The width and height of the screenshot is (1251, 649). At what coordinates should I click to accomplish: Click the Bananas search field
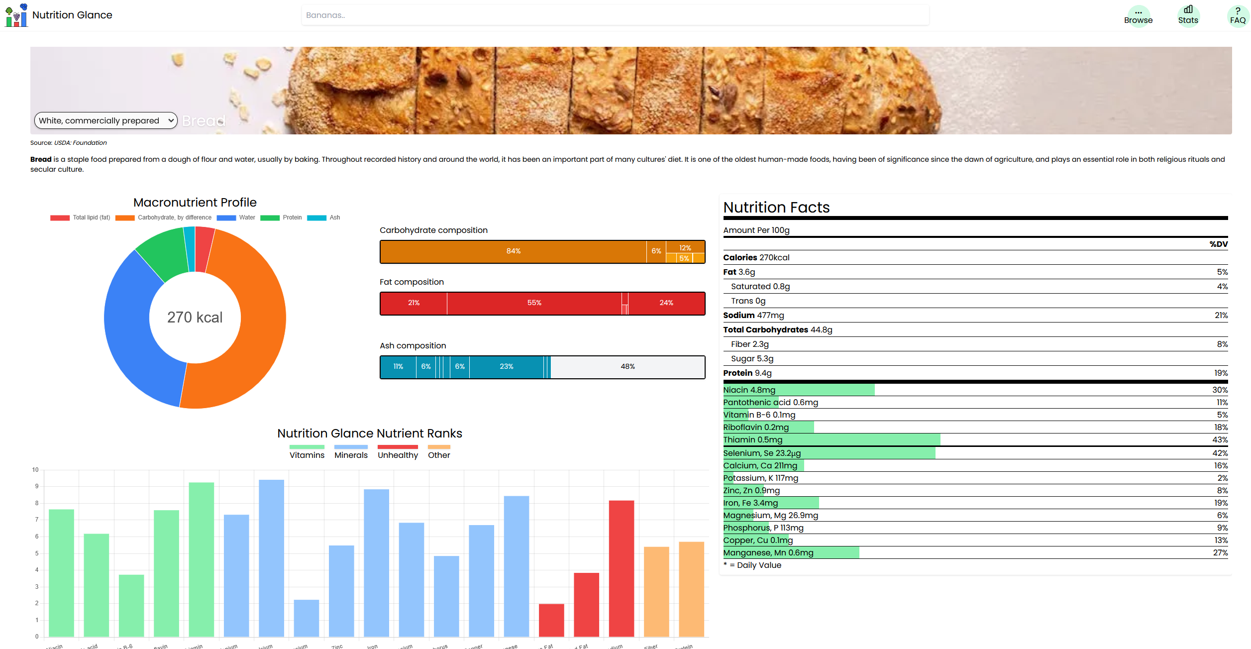[615, 15]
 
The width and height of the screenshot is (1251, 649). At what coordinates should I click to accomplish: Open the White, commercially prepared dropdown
[105, 120]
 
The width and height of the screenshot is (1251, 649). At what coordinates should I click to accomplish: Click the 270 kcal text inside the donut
[195, 317]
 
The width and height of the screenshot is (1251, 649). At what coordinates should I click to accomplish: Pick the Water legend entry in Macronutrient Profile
[236, 217]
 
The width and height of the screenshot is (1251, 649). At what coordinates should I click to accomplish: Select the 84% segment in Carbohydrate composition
[513, 251]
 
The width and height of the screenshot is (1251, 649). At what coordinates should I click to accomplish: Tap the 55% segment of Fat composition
[534, 303]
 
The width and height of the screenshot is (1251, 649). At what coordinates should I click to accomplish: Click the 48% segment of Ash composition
[627, 367]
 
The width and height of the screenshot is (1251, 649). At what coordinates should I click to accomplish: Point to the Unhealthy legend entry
[398, 451]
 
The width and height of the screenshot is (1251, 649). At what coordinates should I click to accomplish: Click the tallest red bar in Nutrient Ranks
[621, 567]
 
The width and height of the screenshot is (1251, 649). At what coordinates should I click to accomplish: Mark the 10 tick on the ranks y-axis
[35, 470]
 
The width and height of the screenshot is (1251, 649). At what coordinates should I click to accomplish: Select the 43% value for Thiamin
[1220, 440]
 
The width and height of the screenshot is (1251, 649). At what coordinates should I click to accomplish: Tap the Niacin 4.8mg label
[749, 390]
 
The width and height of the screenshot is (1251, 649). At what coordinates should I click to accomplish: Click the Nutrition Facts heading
[776, 208]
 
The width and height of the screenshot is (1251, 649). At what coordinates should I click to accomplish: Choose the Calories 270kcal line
[756, 258]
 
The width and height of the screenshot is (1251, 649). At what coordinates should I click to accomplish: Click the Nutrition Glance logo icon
[16, 15]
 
